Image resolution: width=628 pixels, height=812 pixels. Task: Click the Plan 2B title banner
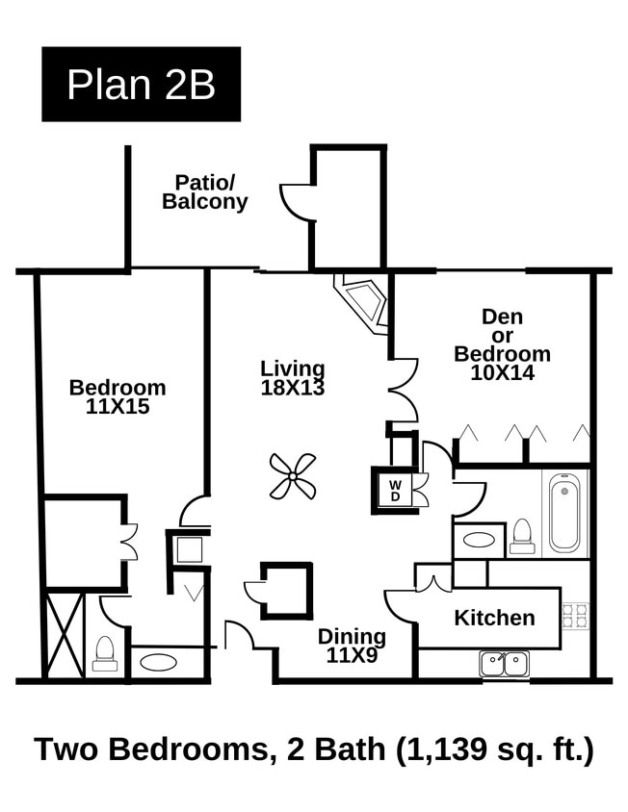click(x=141, y=85)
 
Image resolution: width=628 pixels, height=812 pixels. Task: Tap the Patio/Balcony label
click(x=204, y=192)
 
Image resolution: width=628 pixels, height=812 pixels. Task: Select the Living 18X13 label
click(x=293, y=378)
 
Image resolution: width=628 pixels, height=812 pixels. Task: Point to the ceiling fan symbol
click(x=293, y=476)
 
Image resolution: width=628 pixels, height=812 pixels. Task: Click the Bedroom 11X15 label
click(x=118, y=396)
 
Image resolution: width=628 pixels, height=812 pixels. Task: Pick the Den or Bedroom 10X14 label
click(x=502, y=344)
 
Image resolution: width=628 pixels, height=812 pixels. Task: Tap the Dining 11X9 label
click(x=352, y=646)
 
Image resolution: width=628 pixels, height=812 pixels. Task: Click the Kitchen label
click(x=494, y=618)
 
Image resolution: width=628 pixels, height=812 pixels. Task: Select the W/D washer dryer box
click(x=396, y=490)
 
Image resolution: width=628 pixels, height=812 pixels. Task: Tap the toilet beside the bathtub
click(x=522, y=536)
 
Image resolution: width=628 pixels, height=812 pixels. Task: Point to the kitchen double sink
click(x=504, y=663)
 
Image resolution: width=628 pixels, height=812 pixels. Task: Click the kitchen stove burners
click(x=575, y=616)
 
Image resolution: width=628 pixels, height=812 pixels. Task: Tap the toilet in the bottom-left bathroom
click(x=105, y=653)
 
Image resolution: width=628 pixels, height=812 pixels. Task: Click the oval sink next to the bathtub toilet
click(x=478, y=540)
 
